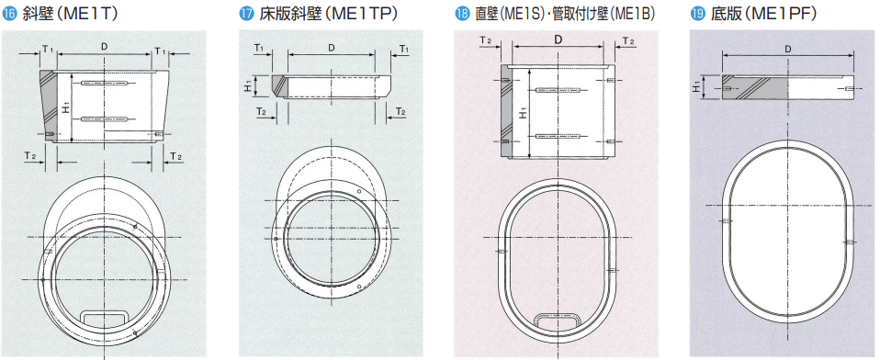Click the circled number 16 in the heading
point(9,15)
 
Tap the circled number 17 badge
point(246,15)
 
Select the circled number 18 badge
point(461,15)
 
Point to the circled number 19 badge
point(696,15)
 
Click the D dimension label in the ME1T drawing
point(105,47)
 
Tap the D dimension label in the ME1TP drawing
point(331,48)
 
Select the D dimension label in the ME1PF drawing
point(788,49)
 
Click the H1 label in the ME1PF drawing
point(697,87)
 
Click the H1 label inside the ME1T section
point(66,107)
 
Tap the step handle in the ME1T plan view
point(104,317)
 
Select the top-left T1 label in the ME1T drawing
point(47,50)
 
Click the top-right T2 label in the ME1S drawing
point(629,41)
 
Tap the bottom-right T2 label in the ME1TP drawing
point(401,111)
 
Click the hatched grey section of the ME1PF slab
point(754,88)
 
